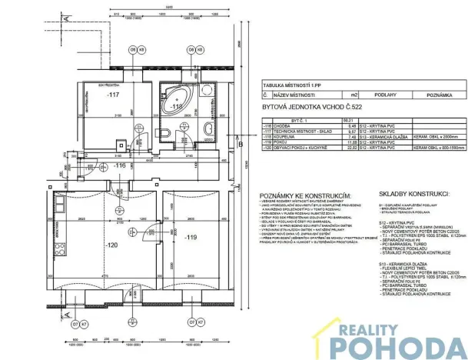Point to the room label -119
(x=191, y=238)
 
